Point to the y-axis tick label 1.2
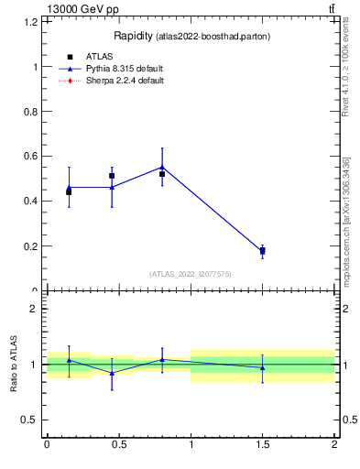tap(29, 22)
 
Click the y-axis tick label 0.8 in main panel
tap(29, 112)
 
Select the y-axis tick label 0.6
tap(29, 157)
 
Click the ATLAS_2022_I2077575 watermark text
tap(190, 274)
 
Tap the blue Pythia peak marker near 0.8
tap(162, 167)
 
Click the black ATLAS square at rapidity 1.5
tap(262, 250)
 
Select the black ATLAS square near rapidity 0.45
tap(112, 175)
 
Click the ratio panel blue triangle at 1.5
tap(262, 367)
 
